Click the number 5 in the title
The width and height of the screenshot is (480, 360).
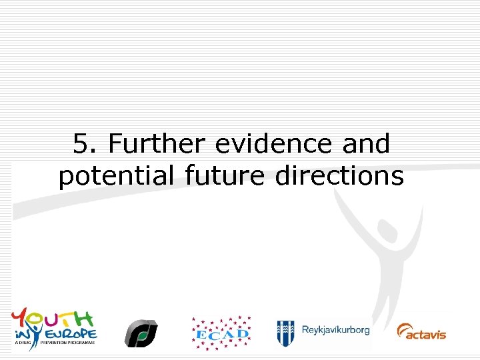tap(81, 144)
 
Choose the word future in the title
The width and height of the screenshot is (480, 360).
tap(219, 177)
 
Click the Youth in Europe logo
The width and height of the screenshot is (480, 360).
tap(54, 327)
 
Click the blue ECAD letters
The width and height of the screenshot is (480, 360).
tap(221, 333)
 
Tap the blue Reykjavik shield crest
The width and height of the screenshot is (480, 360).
tap(286, 331)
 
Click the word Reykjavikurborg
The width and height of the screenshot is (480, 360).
tap(335, 330)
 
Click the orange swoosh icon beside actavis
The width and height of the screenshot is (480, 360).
tap(403, 331)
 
